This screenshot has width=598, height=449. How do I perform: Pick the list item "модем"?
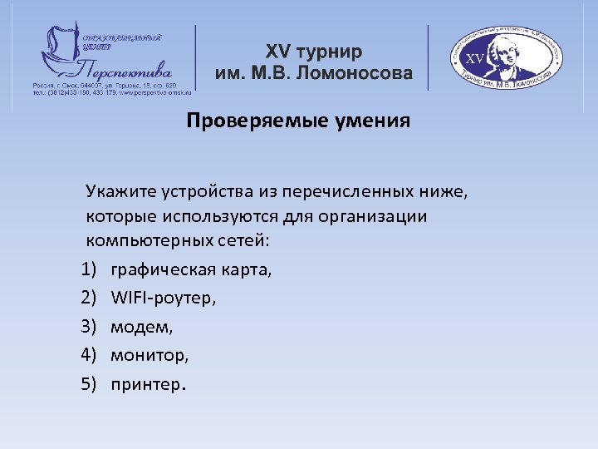[141, 328]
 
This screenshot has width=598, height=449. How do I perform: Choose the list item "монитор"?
[149, 356]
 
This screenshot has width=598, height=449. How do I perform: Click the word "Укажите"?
[119, 193]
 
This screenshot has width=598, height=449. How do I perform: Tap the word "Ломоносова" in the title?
[358, 73]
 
